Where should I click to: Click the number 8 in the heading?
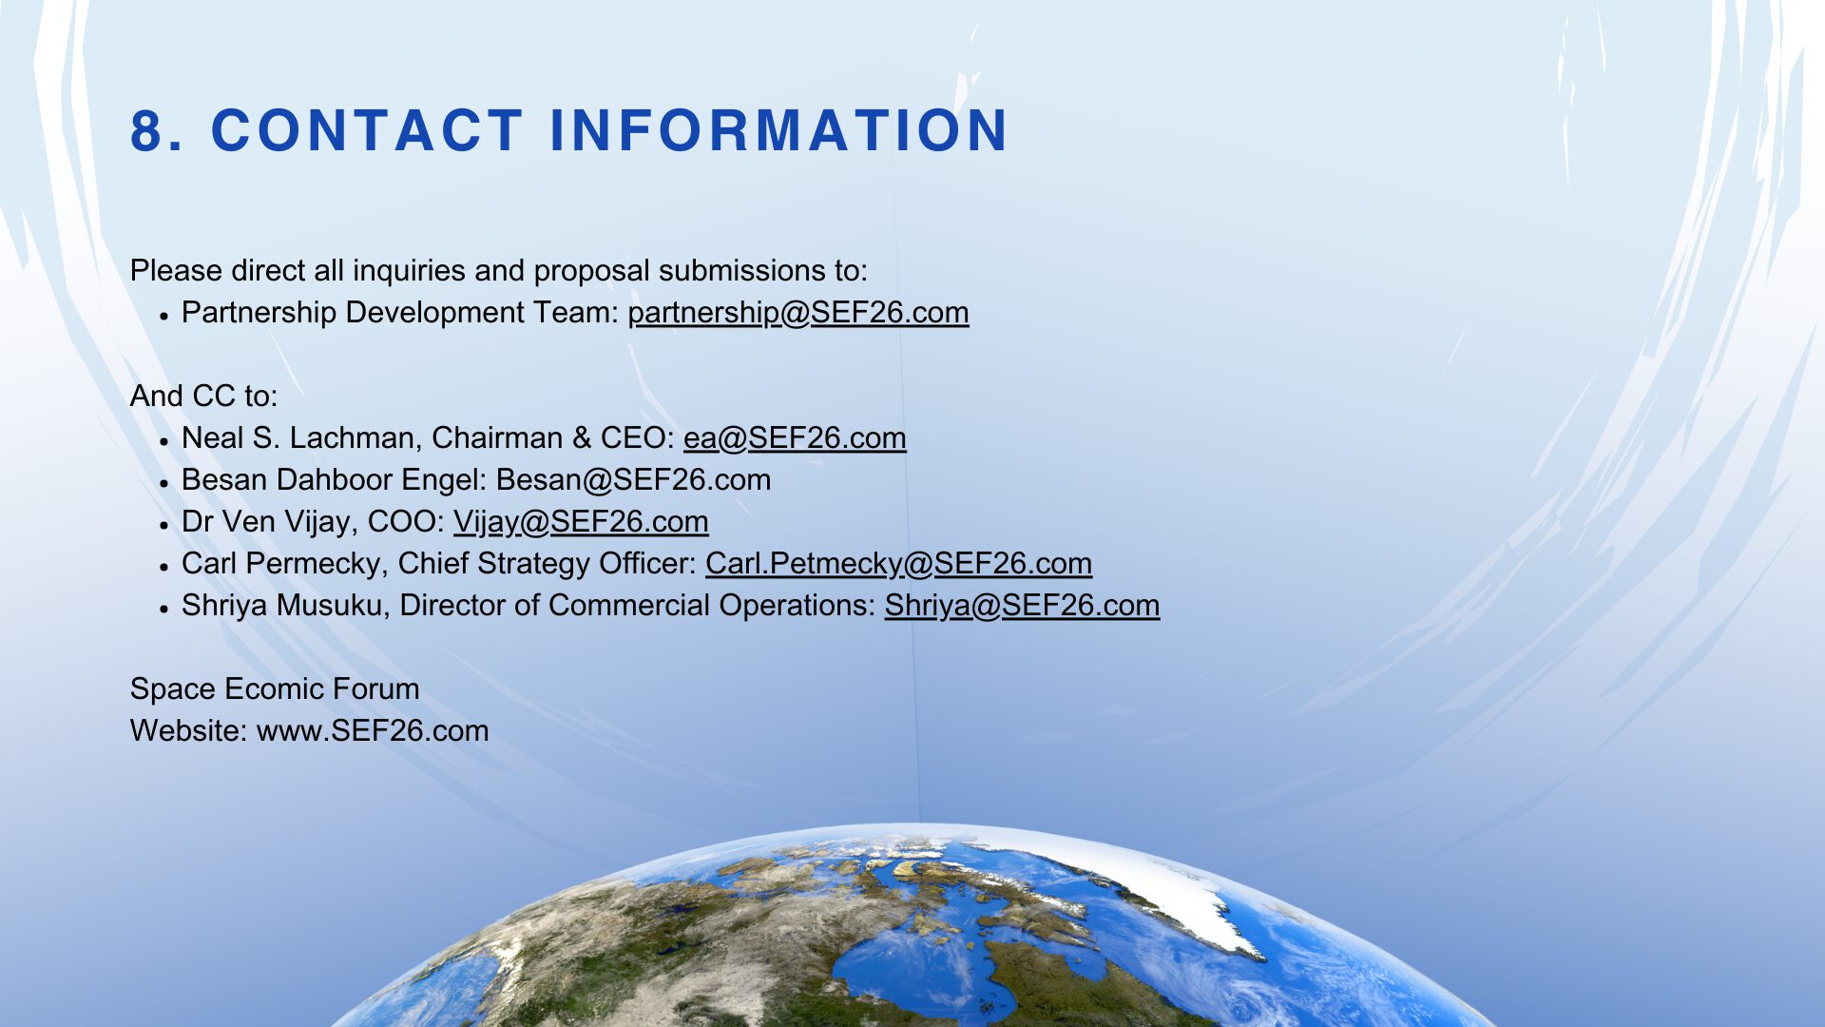pos(146,130)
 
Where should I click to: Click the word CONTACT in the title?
pos(367,130)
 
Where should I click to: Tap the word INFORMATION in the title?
pos(778,130)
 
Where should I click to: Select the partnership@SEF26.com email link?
pos(798,313)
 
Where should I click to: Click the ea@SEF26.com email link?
pos(795,438)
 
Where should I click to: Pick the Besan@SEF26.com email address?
pos(633,480)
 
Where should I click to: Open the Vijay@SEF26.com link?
pos(581,522)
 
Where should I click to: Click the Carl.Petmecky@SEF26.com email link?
pos(898,564)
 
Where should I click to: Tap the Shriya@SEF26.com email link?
pos(1022,606)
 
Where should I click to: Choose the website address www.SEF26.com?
pos(373,731)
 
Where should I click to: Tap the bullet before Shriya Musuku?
pos(164,608)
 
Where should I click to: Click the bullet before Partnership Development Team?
pos(164,315)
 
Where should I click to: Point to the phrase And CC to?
pos(204,397)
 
